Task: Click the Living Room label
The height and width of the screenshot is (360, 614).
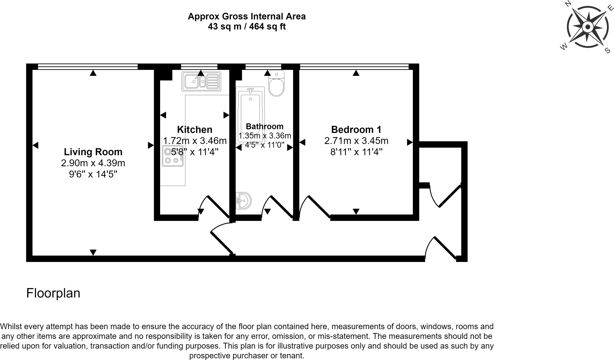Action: (x=93, y=152)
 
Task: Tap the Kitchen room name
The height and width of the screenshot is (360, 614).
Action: (x=195, y=130)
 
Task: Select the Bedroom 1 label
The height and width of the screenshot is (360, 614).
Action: (x=356, y=130)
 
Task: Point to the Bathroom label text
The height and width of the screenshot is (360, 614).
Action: (x=264, y=126)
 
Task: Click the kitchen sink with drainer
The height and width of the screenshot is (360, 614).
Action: (x=201, y=81)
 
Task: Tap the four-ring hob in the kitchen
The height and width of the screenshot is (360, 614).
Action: (x=173, y=156)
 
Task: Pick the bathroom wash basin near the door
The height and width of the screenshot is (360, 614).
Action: (x=243, y=200)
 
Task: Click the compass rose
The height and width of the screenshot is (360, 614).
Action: (x=587, y=27)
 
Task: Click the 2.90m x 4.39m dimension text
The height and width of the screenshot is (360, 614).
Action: (x=93, y=163)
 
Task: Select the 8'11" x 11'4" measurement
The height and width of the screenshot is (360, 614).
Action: (x=356, y=152)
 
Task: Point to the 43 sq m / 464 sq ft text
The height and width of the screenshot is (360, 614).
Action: (x=246, y=27)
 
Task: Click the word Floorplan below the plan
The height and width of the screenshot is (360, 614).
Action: (x=53, y=293)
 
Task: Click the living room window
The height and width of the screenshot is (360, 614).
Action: (x=88, y=67)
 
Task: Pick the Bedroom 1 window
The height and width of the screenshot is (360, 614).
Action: (x=354, y=67)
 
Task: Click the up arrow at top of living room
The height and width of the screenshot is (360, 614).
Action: (x=93, y=73)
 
